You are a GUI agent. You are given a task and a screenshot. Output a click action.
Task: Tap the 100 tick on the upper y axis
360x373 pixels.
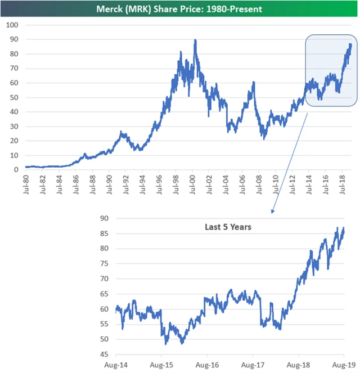(x=12, y=25)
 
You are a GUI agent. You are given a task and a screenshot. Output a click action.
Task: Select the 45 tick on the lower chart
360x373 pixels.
(x=104, y=354)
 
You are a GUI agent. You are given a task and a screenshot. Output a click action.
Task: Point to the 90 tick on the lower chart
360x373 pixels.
(x=104, y=218)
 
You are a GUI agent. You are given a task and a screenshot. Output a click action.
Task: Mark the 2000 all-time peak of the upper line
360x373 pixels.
(x=195, y=40)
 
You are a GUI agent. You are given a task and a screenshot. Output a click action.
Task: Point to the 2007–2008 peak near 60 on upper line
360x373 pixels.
(x=254, y=82)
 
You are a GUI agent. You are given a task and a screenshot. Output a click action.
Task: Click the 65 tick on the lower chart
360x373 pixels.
(x=104, y=294)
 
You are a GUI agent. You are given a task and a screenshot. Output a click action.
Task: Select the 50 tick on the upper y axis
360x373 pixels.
(x=13, y=97)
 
